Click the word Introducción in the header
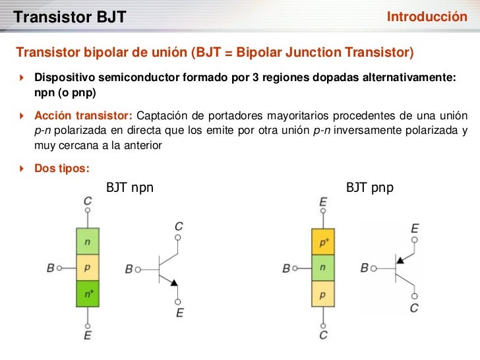click(x=427, y=16)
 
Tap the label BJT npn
click(x=130, y=188)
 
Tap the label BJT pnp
click(x=370, y=188)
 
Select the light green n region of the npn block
click(x=87, y=241)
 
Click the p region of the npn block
click(x=87, y=268)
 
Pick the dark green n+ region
click(x=87, y=293)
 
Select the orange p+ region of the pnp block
click(x=323, y=242)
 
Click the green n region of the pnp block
click(x=323, y=268)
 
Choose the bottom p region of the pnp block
click(x=323, y=294)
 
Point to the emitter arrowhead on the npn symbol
click(x=173, y=282)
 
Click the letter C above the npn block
click(x=88, y=200)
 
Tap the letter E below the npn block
click(x=88, y=336)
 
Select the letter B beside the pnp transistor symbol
click(x=365, y=268)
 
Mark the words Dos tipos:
click(x=61, y=168)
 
